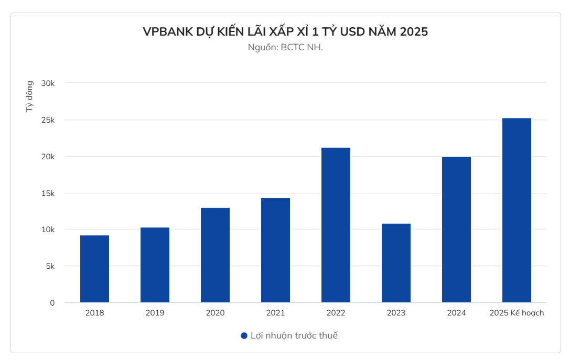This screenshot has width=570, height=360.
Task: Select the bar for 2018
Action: [94, 269]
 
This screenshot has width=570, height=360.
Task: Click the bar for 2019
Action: [155, 265]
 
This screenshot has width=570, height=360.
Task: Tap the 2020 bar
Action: [215, 255]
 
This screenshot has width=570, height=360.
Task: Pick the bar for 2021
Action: [275, 250]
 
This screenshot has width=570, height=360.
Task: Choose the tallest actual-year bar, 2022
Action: [336, 225]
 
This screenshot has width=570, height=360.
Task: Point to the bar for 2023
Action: [396, 263]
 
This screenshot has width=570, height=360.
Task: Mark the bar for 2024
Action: [456, 230]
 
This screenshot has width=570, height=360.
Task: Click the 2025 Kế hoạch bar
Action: [517, 210]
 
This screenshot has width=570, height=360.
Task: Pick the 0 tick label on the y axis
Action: [52, 303]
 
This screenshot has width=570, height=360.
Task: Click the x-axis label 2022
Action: [336, 313]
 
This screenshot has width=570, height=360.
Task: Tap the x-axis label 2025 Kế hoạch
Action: [517, 313]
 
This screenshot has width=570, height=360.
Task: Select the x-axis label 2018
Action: [94, 313]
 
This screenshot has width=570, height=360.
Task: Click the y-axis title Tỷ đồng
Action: [30, 96]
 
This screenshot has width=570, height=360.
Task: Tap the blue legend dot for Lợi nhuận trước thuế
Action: [244, 336]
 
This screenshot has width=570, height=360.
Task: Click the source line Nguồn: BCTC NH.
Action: [285, 47]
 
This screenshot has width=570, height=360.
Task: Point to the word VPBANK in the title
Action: [167, 32]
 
